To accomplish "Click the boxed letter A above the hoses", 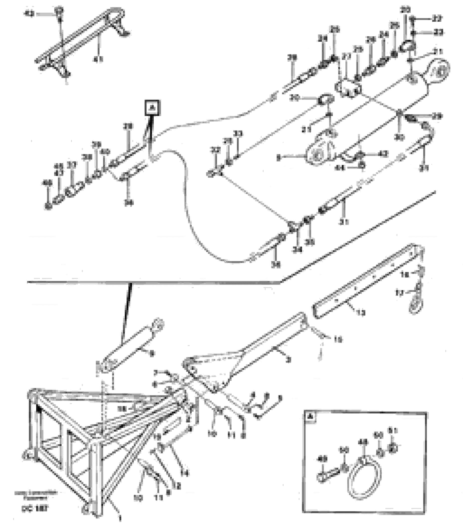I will (153, 108).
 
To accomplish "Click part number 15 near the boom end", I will (338, 340).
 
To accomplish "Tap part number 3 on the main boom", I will (289, 360).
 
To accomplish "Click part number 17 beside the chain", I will (400, 292).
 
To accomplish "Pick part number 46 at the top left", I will (28, 14).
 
